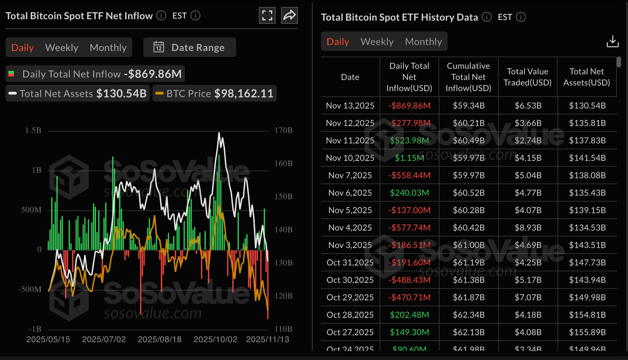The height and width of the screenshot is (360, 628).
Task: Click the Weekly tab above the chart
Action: pyautogui.click(x=61, y=48)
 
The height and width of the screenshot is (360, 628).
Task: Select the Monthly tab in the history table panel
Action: pyautogui.click(x=423, y=42)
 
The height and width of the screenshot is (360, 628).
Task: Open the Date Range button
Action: pyautogui.click(x=190, y=47)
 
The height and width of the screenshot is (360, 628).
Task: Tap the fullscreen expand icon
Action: pyautogui.click(x=267, y=16)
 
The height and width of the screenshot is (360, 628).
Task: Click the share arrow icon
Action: pyautogui.click(x=289, y=16)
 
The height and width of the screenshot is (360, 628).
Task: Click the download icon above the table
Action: pyautogui.click(x=612, y=41)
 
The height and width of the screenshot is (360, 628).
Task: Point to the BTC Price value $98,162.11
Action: pyautogui.click(x=244, y=94)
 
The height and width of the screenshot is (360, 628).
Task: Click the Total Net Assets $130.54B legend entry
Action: pyautogui.click(x=78, y=94)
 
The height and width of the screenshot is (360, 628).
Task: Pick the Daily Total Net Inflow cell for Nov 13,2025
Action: pyautogui.click(x=409, y=105)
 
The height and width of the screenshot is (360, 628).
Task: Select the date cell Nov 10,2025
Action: pyautogui.click(x=350, y=158)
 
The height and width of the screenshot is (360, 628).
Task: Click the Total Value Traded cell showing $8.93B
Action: pyautogui.click(x=528, y=228)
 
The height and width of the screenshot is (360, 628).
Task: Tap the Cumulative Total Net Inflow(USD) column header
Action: pyautogui.click(x=468, y=77)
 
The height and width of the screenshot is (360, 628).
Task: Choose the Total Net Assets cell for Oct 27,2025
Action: pyautogui.click(x=587, y=332)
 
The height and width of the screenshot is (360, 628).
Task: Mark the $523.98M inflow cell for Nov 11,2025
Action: pyautogui.click(x=409, y=140)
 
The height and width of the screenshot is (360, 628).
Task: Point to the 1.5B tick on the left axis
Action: pyautogui.click(x=33, y=130)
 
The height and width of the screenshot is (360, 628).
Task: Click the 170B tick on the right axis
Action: pyautogui.click(x=283, y=130)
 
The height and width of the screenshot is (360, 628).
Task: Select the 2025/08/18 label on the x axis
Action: pyautogui.click(x=159, y=340)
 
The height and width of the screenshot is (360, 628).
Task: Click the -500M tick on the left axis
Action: pyautogui.click(x=30, y=289)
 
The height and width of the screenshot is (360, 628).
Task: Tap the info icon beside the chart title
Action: pyautogui.click(x=161, y=16)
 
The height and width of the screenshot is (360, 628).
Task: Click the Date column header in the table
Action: pyautogui.click(x=350, y=77)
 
